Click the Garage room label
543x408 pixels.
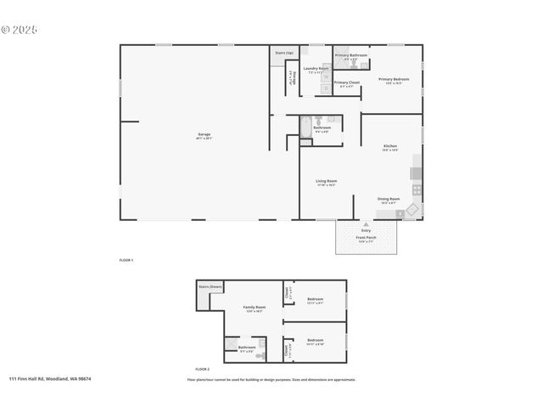pyautogui.click(x=204, y=134)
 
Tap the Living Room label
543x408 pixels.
pyautogui.click(x=327, y=181)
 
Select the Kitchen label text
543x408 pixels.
pyautogui.click(x=389, y=146)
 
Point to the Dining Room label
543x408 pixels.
pyautogui.click(x=389, y=199)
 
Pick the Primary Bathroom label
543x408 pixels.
pyautogui.click(x=350, y=55)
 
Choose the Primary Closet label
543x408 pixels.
pyautogui.click(x=346, y=82)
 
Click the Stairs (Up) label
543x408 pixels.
pyautogui.click(x=284, y=53)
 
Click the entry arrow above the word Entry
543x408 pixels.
pyautogui.click(x=367, y=224)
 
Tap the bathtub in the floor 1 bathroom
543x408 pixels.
pyautogui.click(x=306, y=127)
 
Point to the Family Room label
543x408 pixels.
pyautogui.click(x=254, y=307)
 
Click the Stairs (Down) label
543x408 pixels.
pyautogui.click(x=210, y=287)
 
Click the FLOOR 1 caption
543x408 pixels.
pyautogui.click(x=126, y=259)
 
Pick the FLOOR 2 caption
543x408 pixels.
pyautogui.click(x=202, y=369)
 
